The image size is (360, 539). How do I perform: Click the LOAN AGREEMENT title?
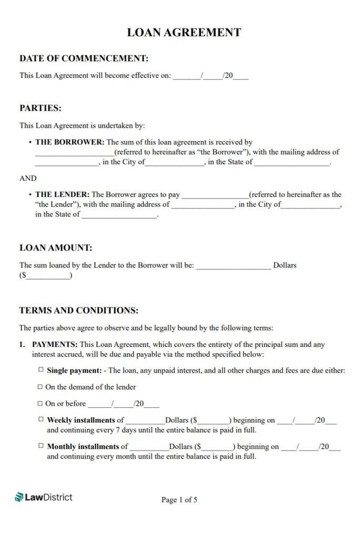(184, 32)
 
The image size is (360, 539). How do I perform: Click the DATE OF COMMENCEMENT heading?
(84, 58)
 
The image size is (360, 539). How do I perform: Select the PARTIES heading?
(41, 108)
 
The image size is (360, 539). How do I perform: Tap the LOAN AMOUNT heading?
(56, 247)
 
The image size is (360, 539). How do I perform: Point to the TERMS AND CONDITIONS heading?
(79, 311)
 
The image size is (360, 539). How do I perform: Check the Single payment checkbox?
(41, 370)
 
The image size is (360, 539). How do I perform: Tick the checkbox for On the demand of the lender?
(40, 387)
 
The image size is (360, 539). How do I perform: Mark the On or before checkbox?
(40, 404)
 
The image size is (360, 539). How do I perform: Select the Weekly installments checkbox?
(41, 420)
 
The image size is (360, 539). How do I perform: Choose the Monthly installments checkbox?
(41, 446)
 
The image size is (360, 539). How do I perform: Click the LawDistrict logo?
(44, 497)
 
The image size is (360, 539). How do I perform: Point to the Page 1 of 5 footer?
(179, 500)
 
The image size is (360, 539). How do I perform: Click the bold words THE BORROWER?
(70, 142)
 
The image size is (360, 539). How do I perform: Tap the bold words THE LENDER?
(63, 194)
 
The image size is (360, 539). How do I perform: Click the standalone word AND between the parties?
(28, 178)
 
